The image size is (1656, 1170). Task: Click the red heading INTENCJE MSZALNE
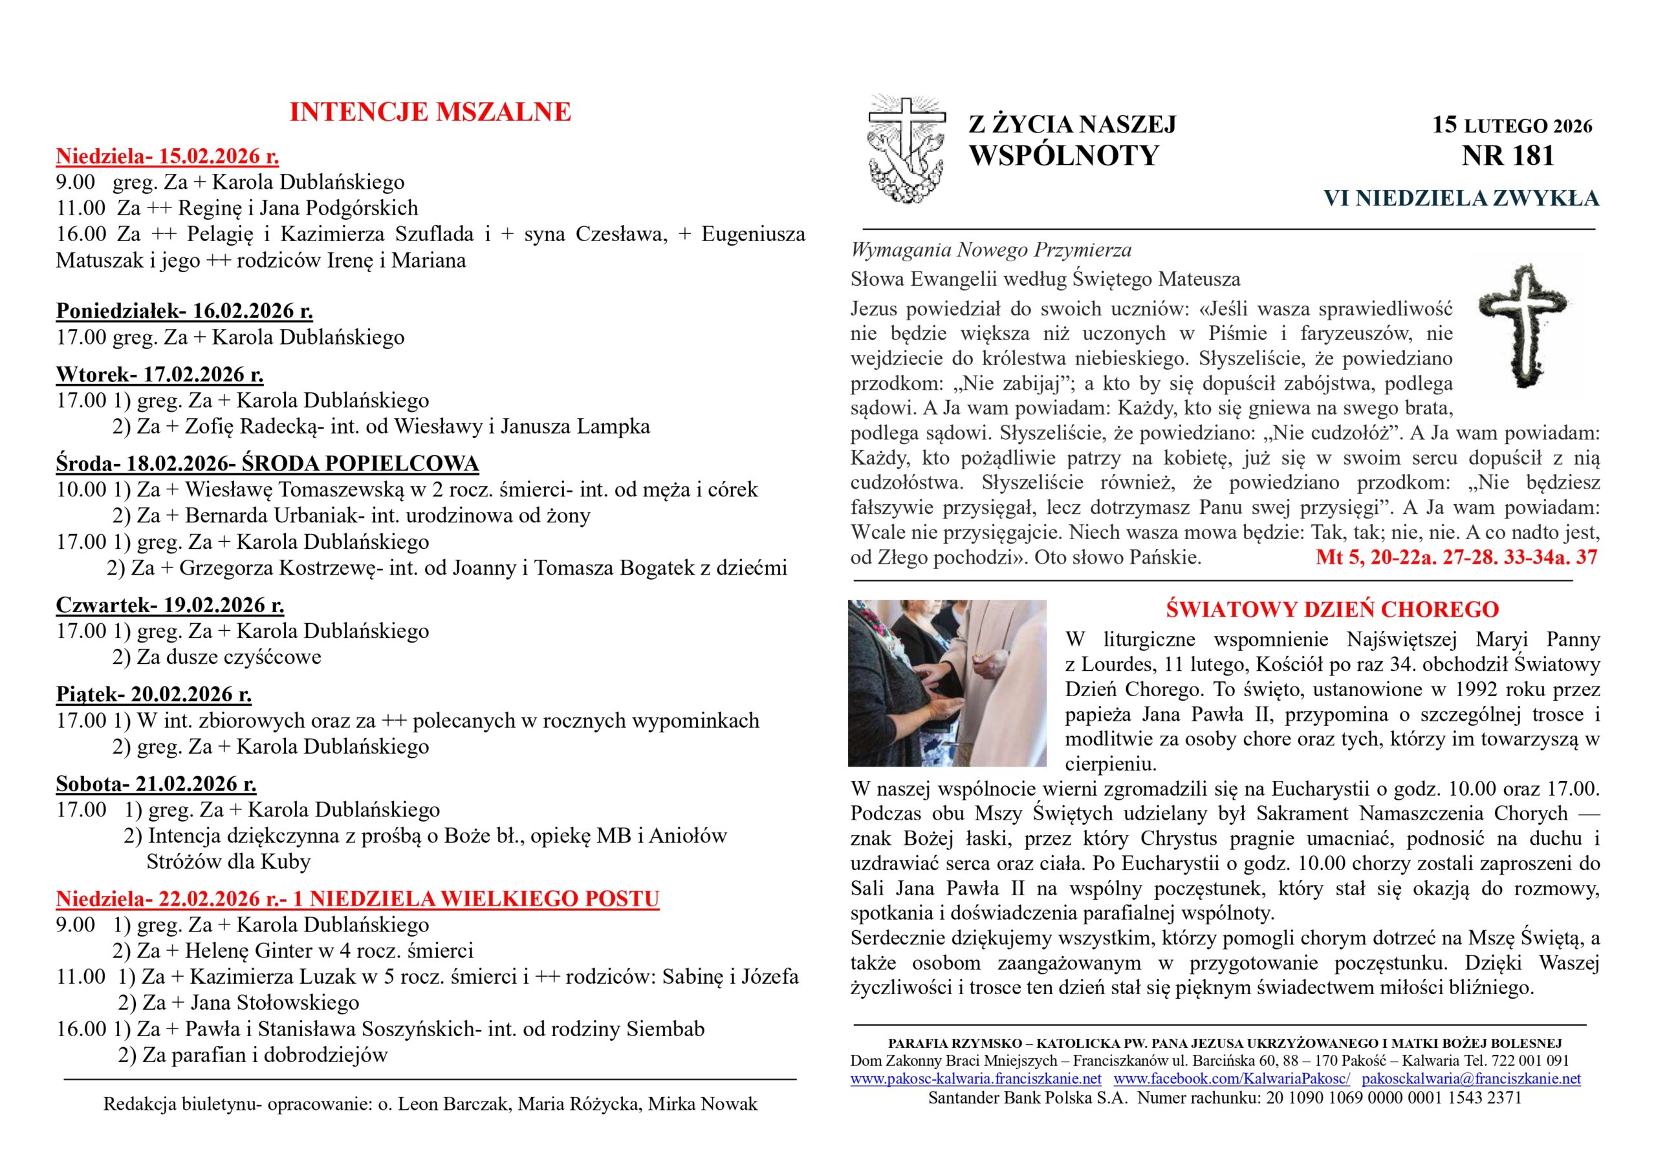(430, 112)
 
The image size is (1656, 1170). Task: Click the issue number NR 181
(1507, 156)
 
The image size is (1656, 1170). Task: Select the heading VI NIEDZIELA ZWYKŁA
(1461, 198)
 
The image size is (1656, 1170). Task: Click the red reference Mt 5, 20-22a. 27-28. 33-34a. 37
(1456, 557)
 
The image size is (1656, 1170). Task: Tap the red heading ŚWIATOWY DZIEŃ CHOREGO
(1332, 610)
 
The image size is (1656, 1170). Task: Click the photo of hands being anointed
(946, 683)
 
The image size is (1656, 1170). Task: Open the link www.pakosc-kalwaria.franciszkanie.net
(975, 1079)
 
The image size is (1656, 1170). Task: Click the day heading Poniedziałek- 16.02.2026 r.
(184, 311)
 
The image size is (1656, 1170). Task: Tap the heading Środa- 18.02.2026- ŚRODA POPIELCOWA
(267, 463)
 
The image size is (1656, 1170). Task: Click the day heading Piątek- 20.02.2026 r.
(153, 694)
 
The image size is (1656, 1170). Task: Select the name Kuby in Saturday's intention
(286, 862)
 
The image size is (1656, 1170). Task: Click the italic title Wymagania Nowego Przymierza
(991, 250)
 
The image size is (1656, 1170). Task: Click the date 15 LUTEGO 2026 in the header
(1512, 125)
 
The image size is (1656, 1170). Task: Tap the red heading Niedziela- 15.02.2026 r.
(168, 156)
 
